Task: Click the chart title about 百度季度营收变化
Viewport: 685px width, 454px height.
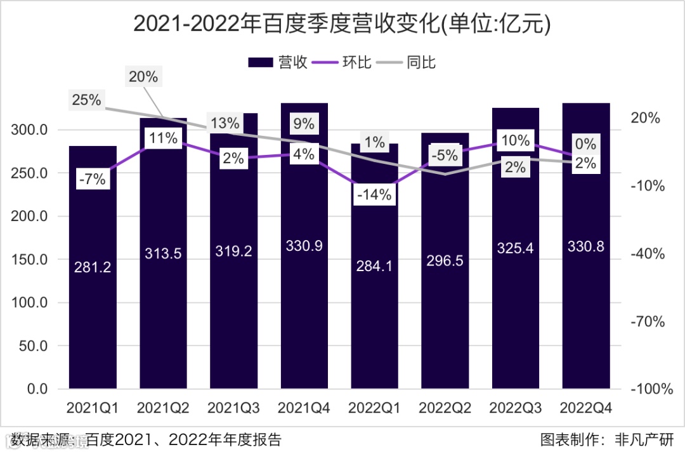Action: (342, 23)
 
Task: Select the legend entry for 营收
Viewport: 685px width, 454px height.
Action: (278, 62)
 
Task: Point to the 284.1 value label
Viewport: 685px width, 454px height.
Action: (375, 267)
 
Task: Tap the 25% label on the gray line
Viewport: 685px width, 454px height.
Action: (87, 100)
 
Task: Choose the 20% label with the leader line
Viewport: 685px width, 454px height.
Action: (143, 77)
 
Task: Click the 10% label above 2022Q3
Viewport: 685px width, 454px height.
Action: (515, 140)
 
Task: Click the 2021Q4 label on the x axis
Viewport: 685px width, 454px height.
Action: (304, 408)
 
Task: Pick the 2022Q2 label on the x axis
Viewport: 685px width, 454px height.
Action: (445, 408)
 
